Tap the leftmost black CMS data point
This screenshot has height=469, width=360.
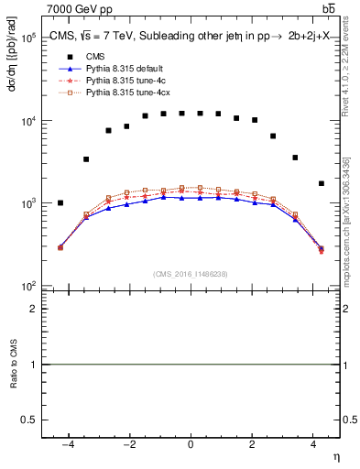(x=60, y=203)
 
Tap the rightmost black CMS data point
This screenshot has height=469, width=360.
(x=321, y=183)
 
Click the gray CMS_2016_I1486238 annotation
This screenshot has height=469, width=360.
(x=191, y=273)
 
